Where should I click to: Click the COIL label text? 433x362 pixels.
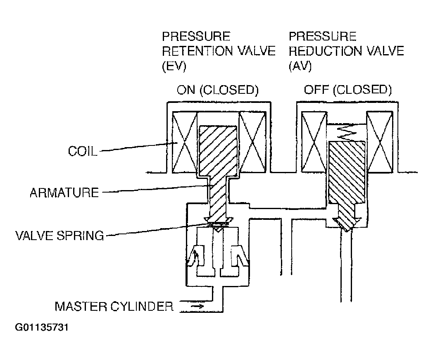tap(83, 151)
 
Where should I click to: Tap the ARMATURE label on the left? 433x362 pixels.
tap(64, 193)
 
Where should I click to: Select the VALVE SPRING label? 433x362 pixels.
tap(59, 236)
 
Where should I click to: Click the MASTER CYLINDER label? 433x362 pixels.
tap(114, 307)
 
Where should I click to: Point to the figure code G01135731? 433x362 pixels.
tap(42, 327)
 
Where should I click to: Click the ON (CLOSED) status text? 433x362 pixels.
tap(218, 90)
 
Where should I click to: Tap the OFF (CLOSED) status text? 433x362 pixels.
tap(348, 90)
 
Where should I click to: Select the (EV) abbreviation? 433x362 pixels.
tap(174, 66)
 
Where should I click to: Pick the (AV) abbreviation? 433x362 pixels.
tap(300, 66)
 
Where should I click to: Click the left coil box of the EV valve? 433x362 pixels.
tap(184, 142)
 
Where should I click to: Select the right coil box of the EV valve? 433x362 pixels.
tap(252, 142)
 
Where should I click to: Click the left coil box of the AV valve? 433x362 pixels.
tap(314, 142)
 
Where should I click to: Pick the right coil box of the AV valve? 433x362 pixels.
tap(380, 142)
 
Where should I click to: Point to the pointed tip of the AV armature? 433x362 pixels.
tap(347, 230)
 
